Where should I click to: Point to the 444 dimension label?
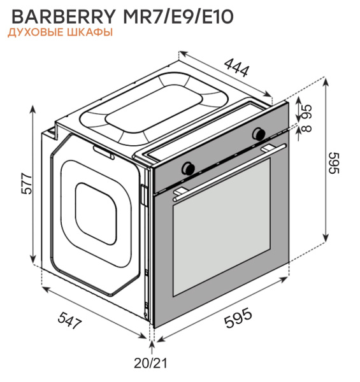coord(236,67)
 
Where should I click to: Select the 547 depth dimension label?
coord(69,320)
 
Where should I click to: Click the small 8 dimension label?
coord(307,129)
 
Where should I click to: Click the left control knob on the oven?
coord(189,167)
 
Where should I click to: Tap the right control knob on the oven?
coord(259,134)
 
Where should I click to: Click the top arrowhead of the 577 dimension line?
coord(34,108)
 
